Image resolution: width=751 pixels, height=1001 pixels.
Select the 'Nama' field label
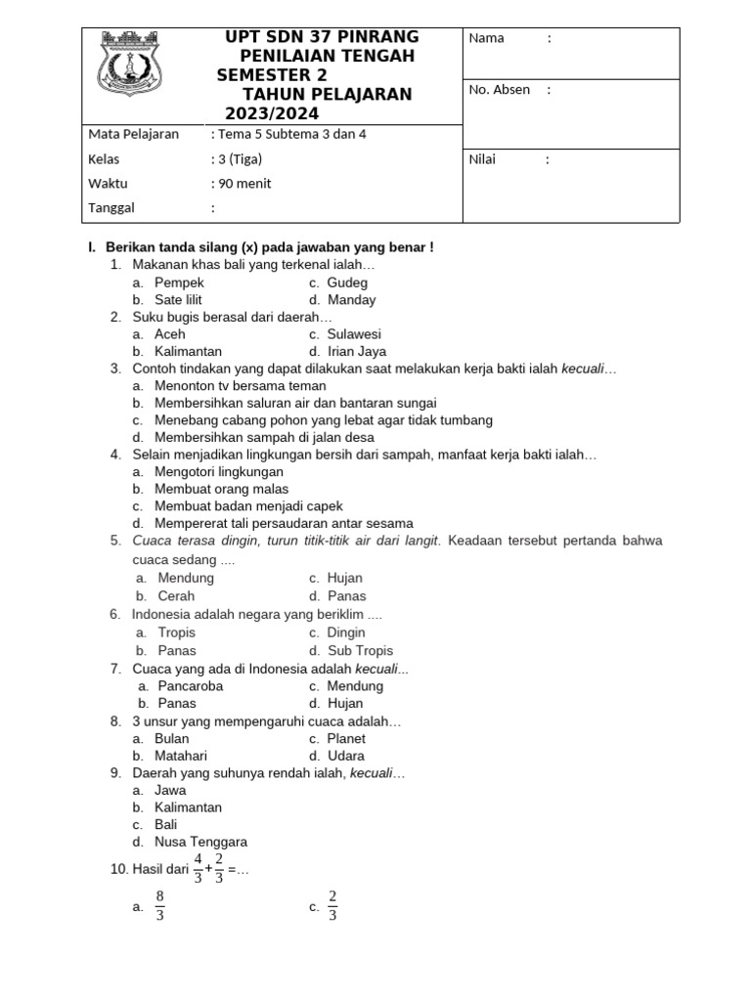487,38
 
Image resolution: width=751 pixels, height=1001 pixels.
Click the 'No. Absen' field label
500,90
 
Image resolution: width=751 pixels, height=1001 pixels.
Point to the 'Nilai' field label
486,160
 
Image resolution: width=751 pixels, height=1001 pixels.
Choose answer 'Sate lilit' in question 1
178,300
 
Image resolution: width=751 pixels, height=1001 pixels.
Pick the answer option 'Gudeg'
347,283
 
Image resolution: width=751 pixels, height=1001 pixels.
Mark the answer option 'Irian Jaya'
357,352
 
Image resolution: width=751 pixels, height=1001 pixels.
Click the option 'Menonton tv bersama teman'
240,386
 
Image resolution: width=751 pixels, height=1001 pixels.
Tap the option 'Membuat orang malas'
221,489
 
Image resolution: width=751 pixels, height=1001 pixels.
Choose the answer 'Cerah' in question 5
176,596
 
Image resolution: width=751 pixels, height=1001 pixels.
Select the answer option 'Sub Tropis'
360,651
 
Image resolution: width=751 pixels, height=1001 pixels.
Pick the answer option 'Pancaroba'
191,686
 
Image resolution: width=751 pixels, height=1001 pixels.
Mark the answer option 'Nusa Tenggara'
200,842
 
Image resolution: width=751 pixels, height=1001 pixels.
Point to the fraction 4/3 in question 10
199,868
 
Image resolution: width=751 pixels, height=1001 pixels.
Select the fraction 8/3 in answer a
159,906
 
